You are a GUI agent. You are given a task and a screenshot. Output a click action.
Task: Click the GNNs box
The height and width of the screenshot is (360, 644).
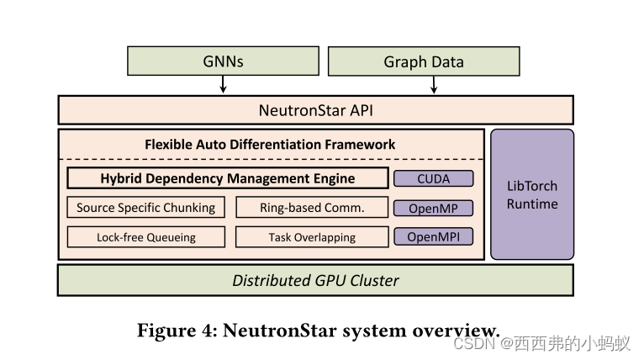(x=223, y=61)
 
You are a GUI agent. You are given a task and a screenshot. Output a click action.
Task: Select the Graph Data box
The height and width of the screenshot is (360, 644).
(x=423, y=61)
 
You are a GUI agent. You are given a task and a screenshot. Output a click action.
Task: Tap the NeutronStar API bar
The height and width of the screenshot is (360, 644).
(x=315, y=110)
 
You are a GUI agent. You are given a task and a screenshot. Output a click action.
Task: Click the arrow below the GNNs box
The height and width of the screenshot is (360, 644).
(x=223, y=84)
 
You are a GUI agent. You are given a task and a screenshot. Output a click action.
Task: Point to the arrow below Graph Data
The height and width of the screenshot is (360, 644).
(x=434, y=84)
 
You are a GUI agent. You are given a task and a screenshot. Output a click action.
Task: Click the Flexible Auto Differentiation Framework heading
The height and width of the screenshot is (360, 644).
(x=270, y=144)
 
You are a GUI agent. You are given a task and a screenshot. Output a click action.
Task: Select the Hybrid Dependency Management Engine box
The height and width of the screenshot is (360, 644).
(x=227, y=178)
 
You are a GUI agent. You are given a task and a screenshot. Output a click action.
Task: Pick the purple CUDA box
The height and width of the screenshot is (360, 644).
(x=433, y=178)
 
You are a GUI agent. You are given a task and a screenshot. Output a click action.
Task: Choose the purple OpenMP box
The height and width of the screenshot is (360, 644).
(x=433, y=208)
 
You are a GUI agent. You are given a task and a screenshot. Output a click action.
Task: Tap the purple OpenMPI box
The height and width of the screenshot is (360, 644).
(x=433, y=236)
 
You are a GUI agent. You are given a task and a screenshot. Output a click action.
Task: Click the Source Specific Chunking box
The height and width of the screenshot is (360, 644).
(x=145, y=208)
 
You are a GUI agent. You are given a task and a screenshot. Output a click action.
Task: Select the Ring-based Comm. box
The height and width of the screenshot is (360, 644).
(x=311, y=208)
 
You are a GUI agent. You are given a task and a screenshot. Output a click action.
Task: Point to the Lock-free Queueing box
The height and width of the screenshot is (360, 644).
(x=145, y=237)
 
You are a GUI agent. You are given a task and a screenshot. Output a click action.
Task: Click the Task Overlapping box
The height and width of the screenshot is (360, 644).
(x=311, y=237)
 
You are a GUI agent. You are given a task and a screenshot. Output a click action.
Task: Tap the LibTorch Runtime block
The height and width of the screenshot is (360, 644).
(x=532, y=194)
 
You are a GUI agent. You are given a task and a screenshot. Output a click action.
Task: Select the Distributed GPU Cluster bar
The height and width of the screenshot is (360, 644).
(x=315, y=280)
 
